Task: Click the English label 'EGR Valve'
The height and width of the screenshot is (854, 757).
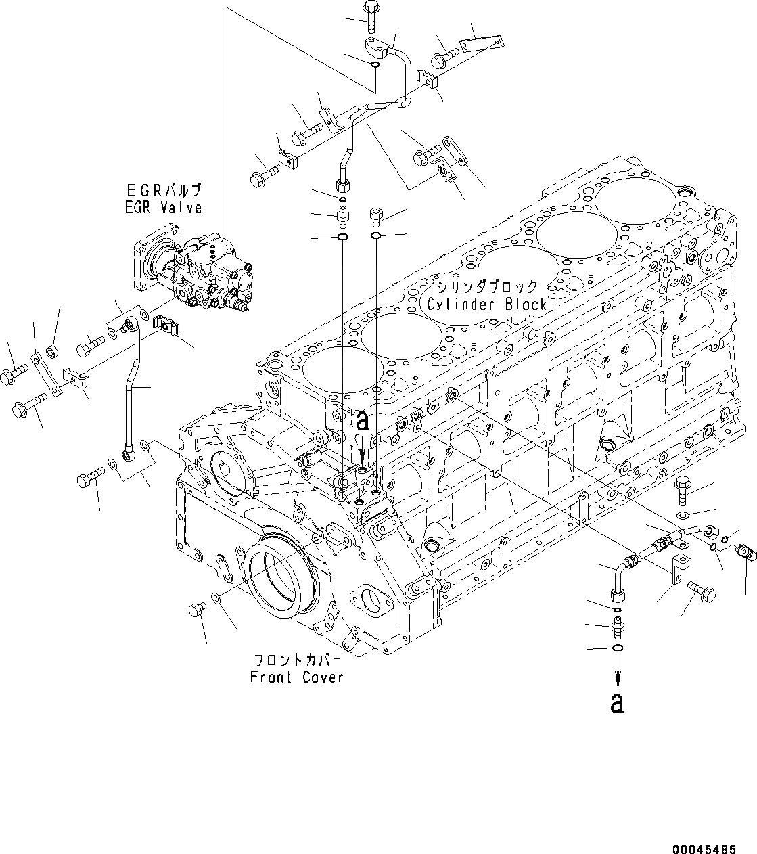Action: pos(163,208)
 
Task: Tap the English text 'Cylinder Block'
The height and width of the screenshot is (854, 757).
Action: pos(486,304)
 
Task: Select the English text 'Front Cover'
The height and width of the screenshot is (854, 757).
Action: pos(296,677)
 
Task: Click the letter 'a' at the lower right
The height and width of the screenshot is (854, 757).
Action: pos(616,703)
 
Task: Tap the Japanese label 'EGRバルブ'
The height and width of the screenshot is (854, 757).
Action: pos(163,191)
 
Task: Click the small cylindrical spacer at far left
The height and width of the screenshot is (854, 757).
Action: pos(51,352)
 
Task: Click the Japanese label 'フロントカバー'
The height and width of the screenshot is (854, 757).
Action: pos(296,660)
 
